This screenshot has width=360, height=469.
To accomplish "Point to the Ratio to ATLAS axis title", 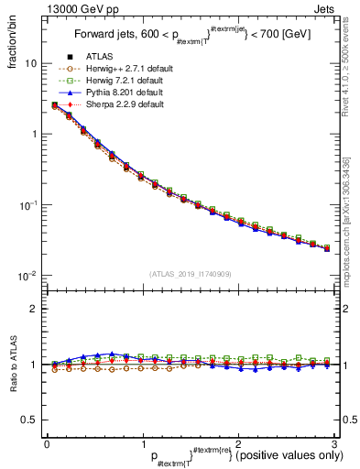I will click(12, 364).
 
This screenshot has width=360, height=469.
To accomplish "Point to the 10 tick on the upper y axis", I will click(30, 63).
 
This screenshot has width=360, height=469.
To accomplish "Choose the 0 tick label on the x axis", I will click(47, 442).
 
